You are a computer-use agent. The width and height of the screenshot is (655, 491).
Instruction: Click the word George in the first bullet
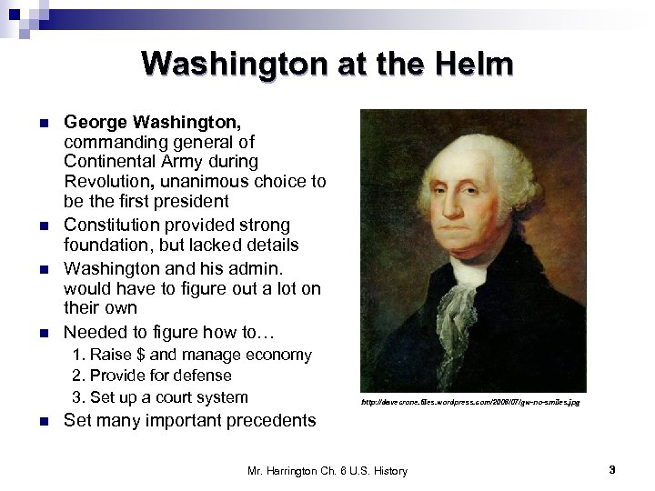point(94,122)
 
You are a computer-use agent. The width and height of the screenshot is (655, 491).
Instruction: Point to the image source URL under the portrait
point(469,401)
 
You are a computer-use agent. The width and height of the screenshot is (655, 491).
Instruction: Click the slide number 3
point(612,470)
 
